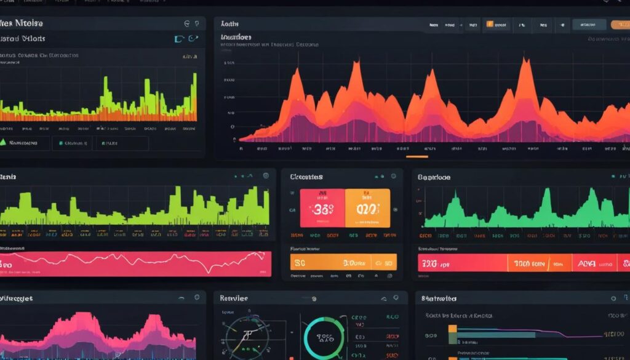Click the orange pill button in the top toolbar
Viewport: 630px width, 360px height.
click(x=620, y=25)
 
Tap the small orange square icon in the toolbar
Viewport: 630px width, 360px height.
click(x=490, y=25)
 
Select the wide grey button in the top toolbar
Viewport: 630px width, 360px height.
click(x=589, y=25)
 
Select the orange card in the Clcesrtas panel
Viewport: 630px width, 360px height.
click(x=367, y=208)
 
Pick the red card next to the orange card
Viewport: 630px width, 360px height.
click(x=322, y=208)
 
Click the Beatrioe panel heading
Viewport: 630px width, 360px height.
click(x=434, y=177)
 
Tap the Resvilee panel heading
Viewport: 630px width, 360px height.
click(x=234, y=298)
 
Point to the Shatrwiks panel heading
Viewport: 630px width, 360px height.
click(x=439, y=299)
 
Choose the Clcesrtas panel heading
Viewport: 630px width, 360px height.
click(x=306, y=177)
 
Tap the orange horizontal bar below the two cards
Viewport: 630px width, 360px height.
click(x=343, y=262)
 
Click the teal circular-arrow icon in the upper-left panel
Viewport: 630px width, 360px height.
click(x=193, y=38)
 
